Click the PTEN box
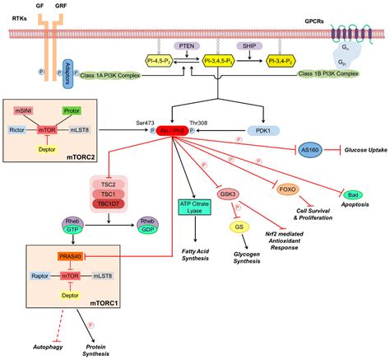(x=187, y=47)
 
